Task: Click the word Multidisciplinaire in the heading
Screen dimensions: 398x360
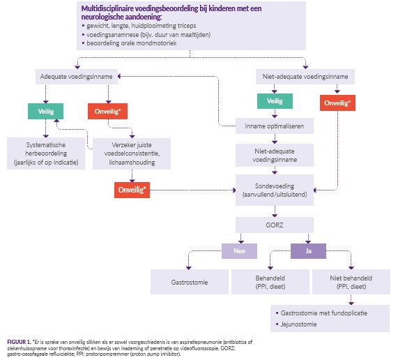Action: point(107,8)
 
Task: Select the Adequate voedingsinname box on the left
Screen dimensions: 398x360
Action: point(77,77)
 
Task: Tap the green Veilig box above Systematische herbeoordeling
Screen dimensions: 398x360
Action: point(46,111)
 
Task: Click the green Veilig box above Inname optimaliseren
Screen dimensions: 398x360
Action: point(275,101)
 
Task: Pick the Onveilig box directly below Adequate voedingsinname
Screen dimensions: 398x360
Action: point(107,111)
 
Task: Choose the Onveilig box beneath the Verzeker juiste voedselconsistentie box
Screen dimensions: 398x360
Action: point(132,190)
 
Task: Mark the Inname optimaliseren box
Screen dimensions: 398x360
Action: point(275,126)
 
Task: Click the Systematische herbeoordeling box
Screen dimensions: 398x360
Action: point(46,153)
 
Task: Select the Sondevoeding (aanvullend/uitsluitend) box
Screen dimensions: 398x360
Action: point(275,190)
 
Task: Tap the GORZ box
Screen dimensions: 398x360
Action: point(275,225)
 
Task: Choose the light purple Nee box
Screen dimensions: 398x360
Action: point(239,251)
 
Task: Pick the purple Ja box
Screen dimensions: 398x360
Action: point(308,251)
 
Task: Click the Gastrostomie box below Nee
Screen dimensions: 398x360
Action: point(190,282)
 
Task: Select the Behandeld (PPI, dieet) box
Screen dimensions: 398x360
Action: point(270,282)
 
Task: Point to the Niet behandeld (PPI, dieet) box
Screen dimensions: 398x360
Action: point(351,282)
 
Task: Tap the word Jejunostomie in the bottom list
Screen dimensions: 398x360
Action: point(299,324)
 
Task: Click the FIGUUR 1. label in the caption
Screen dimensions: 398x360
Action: point(19,342)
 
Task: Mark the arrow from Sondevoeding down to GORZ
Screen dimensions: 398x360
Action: point(275,211)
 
